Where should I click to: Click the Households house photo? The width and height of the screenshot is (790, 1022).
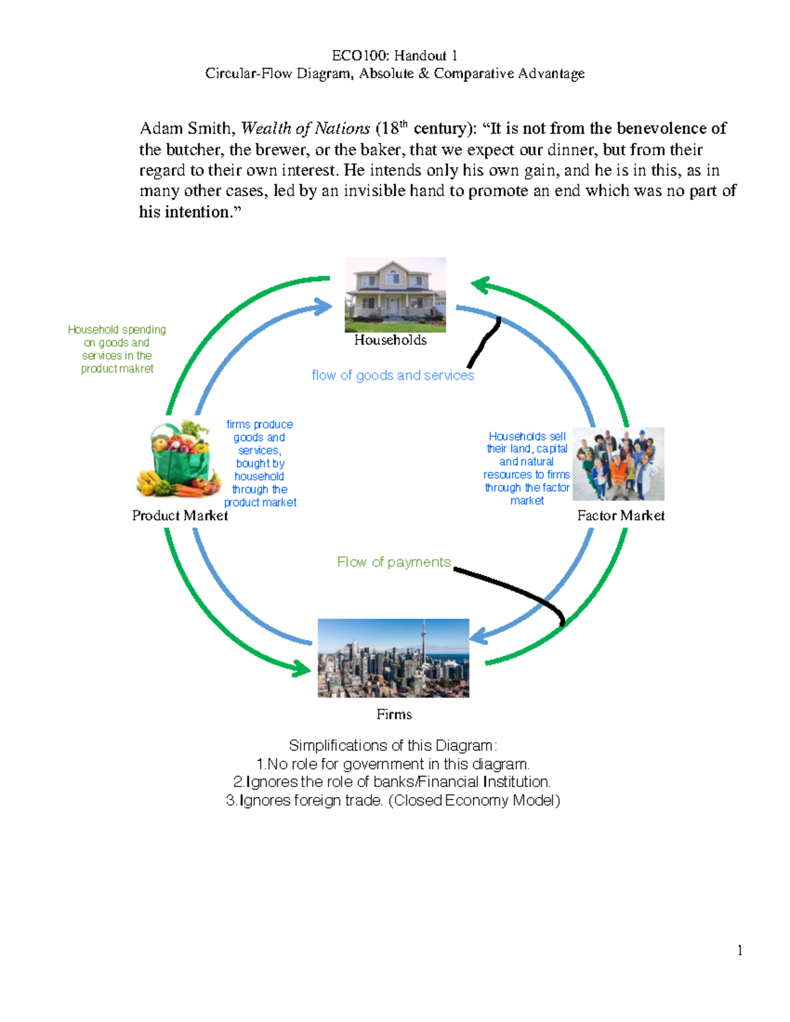[395, 294]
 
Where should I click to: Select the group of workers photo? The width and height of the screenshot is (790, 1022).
[618, 463]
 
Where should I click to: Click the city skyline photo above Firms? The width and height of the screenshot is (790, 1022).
[393, 657]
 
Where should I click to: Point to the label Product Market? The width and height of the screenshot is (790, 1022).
[180, 515]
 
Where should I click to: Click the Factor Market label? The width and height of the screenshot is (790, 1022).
[620, 515]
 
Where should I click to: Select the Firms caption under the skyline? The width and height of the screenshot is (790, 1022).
[394, 714]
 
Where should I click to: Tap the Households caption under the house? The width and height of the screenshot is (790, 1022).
[390, 340]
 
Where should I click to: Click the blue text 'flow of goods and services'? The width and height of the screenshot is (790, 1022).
[392, 375]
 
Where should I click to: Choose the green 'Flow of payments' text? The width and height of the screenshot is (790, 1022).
[394, 562]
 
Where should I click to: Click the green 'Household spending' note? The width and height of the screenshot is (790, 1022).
[117, 349]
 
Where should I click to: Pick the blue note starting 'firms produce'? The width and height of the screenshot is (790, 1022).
[260, 463]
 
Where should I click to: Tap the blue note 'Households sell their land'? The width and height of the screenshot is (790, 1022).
[527, 468]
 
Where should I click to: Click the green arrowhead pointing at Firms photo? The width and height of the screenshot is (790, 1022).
[303, 669]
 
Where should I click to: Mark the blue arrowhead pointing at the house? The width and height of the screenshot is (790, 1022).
[324, 306]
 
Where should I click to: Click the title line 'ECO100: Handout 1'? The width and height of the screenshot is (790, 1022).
[394, 55]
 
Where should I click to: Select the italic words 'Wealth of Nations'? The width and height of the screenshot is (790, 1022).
[305, 128]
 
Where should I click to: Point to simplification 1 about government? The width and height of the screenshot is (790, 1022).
[393, 764]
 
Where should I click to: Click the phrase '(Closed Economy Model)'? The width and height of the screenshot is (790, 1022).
[475, 800]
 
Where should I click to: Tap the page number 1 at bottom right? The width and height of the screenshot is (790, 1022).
[740, 950]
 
